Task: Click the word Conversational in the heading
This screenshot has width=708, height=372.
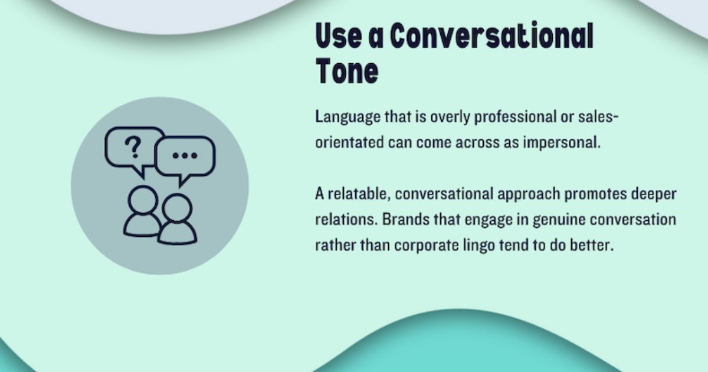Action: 492,35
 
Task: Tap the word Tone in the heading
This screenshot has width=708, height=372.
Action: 347,71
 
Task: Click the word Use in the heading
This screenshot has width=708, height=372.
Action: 339,35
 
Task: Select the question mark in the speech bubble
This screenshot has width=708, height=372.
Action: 133,147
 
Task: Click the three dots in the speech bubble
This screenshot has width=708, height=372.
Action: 185,155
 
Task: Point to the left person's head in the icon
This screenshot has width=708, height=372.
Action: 143,201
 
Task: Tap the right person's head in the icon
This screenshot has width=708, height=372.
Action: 177,208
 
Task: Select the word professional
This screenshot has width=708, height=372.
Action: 515,118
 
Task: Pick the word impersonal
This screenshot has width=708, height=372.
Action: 562,142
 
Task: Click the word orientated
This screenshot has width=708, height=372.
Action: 349,142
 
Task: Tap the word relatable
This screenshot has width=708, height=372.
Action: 357,194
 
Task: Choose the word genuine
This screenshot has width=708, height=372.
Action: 559,219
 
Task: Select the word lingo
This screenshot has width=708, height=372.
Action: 479,246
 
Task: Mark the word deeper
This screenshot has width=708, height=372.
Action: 654,194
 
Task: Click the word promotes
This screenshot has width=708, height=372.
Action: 595,194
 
